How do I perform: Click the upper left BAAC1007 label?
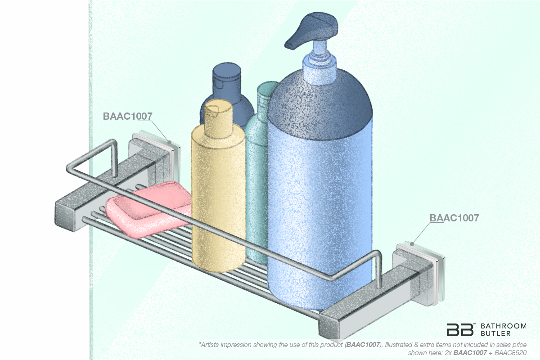click(x=127, y=116)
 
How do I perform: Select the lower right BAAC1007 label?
click(x=454, y=218)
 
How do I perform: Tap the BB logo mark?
click(x=460, y=329)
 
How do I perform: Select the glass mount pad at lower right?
click(x=439, y=270)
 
